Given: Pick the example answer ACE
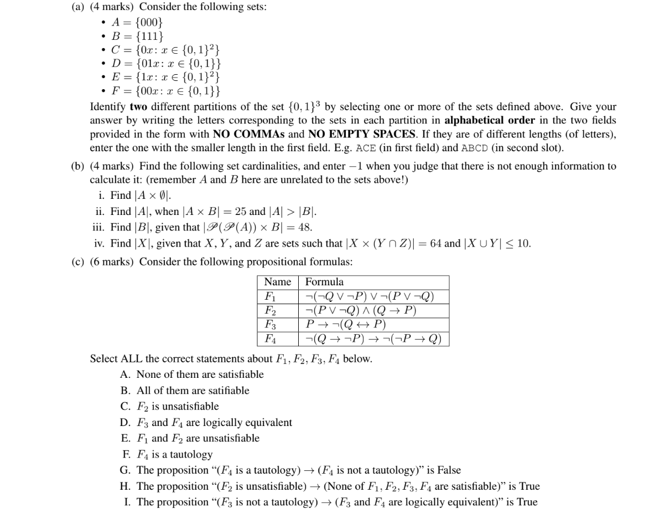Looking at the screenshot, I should [366, 148].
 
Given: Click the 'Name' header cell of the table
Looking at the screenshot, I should [278, 282].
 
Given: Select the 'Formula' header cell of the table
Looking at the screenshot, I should [324, 282].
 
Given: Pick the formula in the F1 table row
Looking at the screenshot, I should [370, 296].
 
